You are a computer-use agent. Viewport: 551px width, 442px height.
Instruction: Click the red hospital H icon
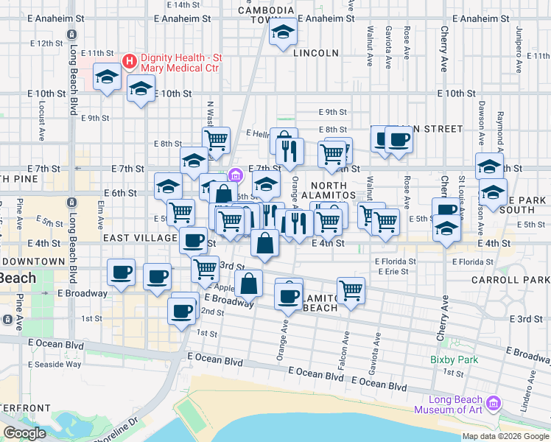[130, 60]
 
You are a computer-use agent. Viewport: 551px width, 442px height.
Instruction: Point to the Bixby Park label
[455, 360]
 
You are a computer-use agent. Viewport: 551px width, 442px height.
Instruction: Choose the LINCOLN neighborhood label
[315, 53]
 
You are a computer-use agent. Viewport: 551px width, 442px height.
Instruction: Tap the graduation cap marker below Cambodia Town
[282, 32]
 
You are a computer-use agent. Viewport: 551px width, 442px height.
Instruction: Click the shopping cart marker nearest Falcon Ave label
[351, 290]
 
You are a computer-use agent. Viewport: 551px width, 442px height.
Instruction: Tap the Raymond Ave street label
[500, 121]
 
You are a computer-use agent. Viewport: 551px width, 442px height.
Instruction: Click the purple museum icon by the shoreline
[494, 403]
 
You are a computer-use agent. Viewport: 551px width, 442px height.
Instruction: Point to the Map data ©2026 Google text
[505, 436]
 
